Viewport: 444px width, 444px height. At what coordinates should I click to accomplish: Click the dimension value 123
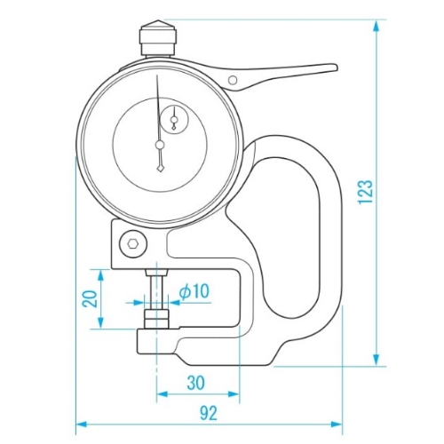click(365, 192)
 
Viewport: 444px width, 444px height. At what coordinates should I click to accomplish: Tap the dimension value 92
click(209, 413)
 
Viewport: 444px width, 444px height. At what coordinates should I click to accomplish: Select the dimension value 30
click(196, 383)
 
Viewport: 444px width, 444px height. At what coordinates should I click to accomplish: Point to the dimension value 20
click(90, 298)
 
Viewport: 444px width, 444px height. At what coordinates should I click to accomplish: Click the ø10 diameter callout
click(194, 290)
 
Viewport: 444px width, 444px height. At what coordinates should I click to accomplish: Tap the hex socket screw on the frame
click(133, 243)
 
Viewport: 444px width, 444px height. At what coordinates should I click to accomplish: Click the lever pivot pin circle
click(233, 80)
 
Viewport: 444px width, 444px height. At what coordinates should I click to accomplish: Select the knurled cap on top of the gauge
click(158, 37)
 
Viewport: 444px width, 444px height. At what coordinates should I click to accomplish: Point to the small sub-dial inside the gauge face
click(174, 119)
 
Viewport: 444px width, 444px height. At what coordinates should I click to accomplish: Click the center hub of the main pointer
click(160, 145)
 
